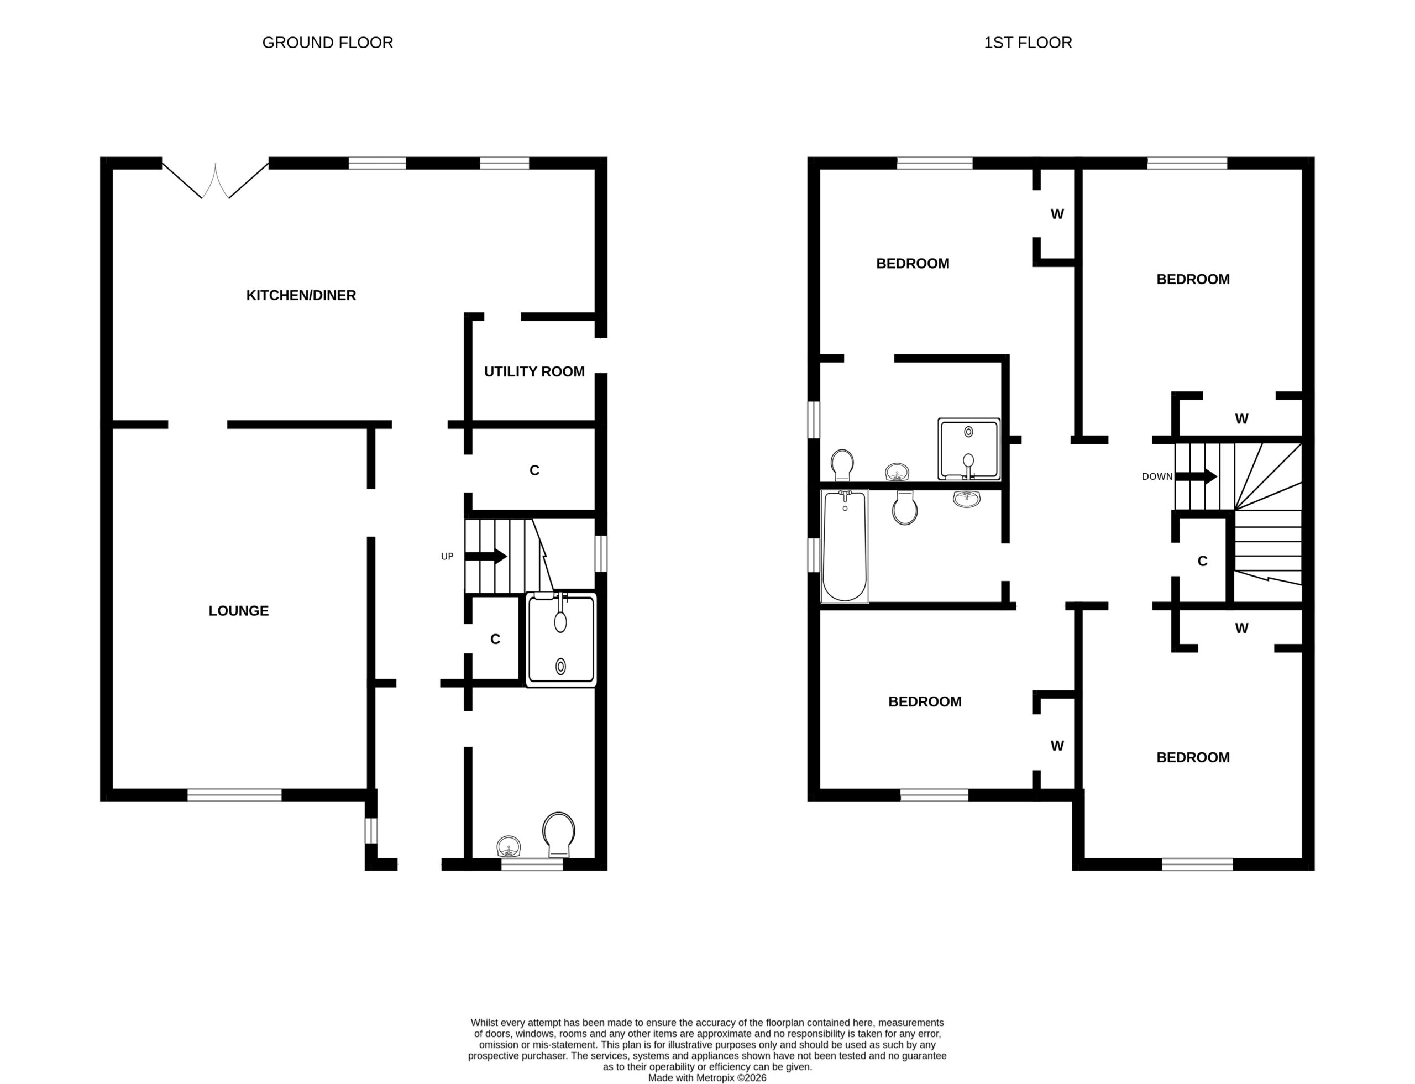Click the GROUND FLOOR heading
click(x=327, y=43)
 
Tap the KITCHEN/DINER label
click(x=301, y=295)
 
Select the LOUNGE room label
click(x=238, y=610)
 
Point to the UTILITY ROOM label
click(x=534, y=371)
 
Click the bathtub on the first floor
click(x=844, y=546)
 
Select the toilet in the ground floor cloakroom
click(x=558, y=834)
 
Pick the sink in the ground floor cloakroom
click(x=509, y=846)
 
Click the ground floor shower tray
click(x=560, y=640)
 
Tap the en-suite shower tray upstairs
click(x=968, y=449)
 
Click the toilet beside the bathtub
click(x=905, y=507)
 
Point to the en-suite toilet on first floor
click(x=842, y=464)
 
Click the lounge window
click(x=234, y=795)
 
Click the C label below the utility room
click(x=534, y=470)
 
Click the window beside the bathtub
click(x=814, y=555)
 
